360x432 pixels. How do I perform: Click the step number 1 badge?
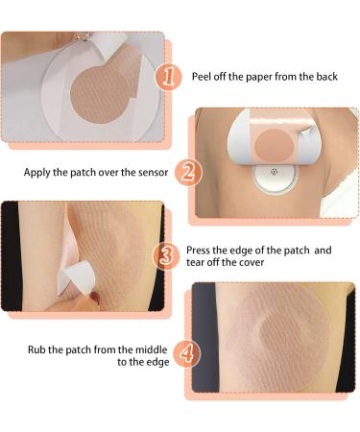168,77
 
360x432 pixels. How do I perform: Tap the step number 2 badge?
188,172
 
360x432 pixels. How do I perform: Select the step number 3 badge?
166,256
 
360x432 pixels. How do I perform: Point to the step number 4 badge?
187,353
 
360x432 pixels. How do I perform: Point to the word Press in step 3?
198,250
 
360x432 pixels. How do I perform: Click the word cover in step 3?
252,263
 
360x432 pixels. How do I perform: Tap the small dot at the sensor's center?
274,172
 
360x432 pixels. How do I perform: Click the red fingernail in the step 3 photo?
95,298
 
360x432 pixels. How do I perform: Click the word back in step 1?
326,77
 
